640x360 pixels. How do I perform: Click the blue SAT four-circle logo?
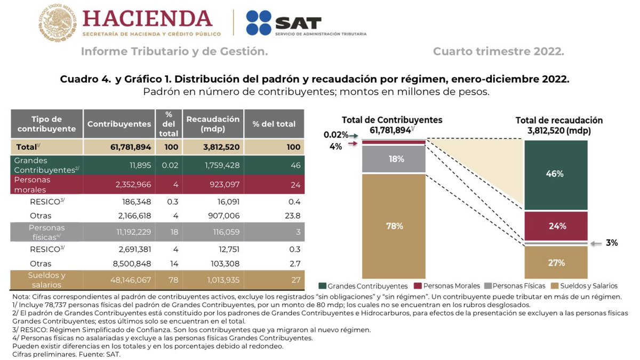click(x=258, y=23)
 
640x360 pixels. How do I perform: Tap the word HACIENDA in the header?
click(x=147, y=19)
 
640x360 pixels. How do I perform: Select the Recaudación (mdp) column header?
click(x=213, y=124)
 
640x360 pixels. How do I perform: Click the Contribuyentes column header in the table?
click(x=119, y=124)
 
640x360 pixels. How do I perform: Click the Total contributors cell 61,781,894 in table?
click(x=119, y=147)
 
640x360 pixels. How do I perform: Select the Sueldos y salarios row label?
click(x=46, y=279)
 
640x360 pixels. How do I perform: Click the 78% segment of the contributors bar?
click(x=394, y=226)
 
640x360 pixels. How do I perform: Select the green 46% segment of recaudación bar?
click(x=556, y=174)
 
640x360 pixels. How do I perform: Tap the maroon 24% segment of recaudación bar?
click(x=556, y=226)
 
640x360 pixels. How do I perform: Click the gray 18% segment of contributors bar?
click(x=394, y=159)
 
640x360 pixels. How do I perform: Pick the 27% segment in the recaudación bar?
click(x=556, y=262)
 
